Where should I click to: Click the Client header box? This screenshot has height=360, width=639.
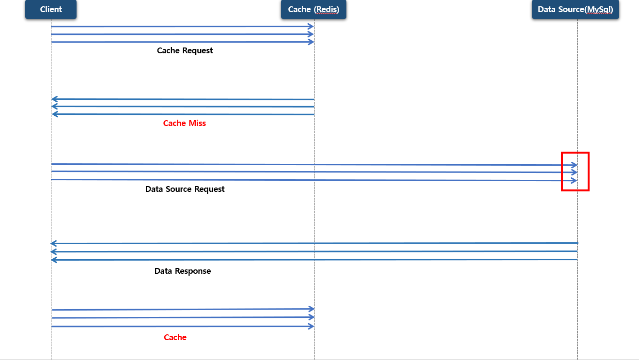51,10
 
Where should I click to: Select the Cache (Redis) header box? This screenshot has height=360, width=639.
313,10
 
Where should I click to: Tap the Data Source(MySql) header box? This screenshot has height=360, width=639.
575,10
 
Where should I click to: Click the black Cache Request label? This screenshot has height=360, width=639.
185,50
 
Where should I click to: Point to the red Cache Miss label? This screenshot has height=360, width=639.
185,123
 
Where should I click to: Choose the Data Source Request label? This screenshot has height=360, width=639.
185,189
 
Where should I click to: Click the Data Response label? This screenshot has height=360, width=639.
183,271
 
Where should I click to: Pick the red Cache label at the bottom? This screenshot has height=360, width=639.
175,337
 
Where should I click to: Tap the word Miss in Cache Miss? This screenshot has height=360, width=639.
197,123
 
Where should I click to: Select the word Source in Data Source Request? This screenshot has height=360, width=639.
179,189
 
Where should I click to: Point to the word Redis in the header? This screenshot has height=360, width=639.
327,10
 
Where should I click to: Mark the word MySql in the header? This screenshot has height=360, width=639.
599,10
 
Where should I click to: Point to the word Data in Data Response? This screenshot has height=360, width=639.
163,271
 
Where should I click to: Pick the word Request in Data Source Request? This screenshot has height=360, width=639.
210,189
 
